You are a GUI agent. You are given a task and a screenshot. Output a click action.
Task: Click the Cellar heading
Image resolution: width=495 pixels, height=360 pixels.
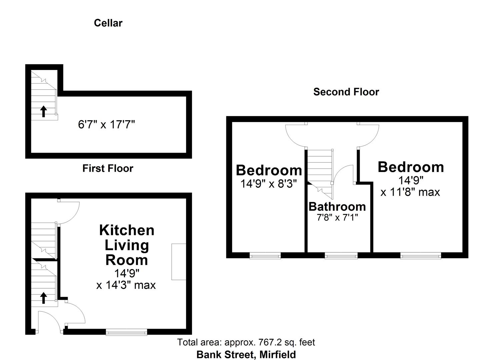(x=108, y=23)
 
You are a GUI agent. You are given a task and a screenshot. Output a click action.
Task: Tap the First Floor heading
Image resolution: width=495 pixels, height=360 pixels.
(x=108, y=168)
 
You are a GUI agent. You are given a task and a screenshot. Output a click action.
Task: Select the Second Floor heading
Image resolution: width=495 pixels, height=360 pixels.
(x=346, y=92)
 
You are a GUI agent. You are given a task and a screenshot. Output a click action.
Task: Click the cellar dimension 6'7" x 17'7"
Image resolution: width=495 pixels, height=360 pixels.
(x=106, y=125)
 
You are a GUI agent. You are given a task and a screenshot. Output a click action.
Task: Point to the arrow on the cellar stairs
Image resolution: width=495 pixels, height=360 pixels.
(x=43, y=111)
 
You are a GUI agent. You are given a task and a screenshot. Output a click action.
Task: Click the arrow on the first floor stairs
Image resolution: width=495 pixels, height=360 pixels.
(x=43, y=298)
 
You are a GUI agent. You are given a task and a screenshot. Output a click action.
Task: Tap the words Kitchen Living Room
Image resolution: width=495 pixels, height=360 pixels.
(x=127, y=245)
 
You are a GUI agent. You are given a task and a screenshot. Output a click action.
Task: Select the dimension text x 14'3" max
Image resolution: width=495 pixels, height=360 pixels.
(x=126, y=285)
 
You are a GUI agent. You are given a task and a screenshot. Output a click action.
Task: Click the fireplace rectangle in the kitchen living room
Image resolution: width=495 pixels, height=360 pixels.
(x=179, y=262)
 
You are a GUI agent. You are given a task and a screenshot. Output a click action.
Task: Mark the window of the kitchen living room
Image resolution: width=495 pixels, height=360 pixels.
(x=126, y=332)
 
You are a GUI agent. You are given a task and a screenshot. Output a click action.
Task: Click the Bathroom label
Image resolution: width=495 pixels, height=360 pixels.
(x=337, y=207)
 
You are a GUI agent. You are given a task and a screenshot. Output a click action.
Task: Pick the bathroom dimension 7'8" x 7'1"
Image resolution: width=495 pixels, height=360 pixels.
(x=337, y=218)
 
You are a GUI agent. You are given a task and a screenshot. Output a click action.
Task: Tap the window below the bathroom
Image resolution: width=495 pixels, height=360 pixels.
(x=341, y=256)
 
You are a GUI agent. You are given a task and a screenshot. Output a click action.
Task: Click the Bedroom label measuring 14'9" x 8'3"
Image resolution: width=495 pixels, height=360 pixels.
(x=269, y=170)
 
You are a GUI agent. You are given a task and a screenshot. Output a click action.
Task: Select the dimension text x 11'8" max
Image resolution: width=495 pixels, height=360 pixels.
(x=410, y=192)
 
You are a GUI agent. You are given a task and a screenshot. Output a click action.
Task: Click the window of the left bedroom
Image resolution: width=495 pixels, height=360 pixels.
(x=265, y=256)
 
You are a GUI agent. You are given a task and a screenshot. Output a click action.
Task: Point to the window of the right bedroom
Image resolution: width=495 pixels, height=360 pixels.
(x=421, y=256)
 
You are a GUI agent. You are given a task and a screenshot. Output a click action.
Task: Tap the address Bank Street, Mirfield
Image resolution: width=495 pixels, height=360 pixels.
(x=246, y=354)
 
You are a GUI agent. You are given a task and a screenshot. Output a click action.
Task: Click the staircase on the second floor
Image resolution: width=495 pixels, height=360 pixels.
(x=320, y=167)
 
